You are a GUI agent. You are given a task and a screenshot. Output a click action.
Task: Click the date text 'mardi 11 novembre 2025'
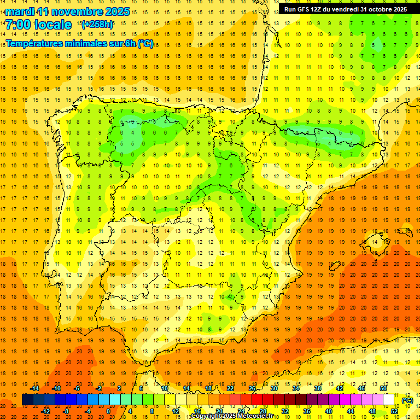[x=68, y=11]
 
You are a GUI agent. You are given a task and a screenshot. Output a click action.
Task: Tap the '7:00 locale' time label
[x=39, y=25]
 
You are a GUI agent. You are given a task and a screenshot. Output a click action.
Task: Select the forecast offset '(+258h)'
[x=97, y=25]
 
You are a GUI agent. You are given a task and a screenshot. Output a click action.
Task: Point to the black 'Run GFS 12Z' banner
[x=345, y=9]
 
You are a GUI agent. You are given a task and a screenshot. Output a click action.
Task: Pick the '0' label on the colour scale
[x=108, y=411]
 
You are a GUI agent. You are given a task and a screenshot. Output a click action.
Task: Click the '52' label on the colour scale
[x=394, y=411]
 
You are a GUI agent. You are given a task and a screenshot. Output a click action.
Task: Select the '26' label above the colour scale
[x=252, y=388]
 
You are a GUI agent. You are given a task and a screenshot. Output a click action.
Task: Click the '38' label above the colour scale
[x=318, y=388]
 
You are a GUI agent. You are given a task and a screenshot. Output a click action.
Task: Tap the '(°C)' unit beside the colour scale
[x=407, y=400]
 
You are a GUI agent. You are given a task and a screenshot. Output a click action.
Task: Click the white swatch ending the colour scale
[x=389, y=400]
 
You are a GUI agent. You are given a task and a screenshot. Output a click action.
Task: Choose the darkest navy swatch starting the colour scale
[x=27, y=400]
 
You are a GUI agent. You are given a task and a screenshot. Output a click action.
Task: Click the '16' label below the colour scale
[x=197, y=411]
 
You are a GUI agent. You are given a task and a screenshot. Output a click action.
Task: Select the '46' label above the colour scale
[x=361, y=388]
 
